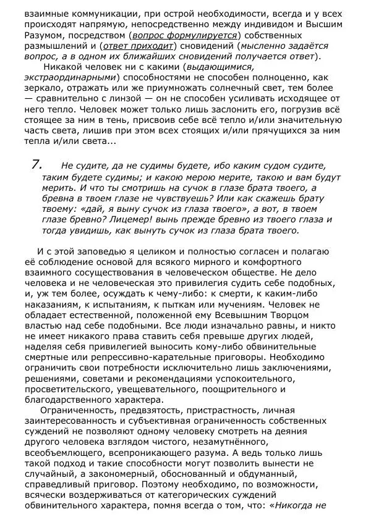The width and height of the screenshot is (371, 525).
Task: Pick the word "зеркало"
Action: (x=45, y=88)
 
